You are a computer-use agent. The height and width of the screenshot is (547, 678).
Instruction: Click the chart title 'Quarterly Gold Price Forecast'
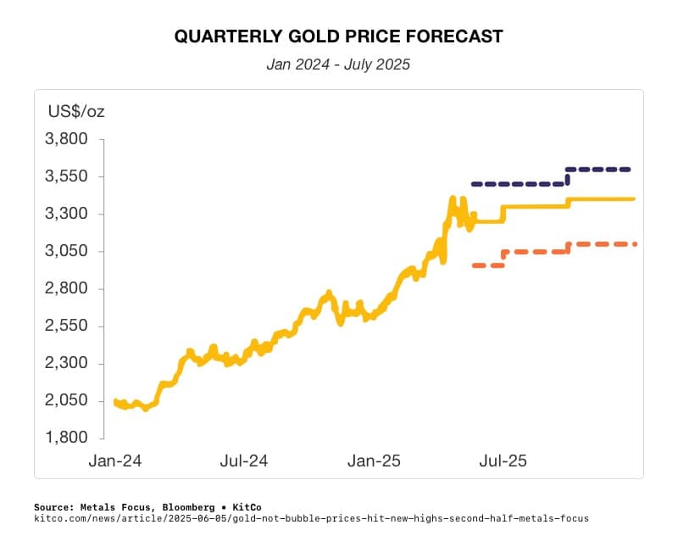(x=338, y=36)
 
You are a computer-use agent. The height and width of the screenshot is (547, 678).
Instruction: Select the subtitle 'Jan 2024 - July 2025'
(x=338, y=64)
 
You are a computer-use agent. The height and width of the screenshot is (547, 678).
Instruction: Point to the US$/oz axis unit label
(x=75, y=111)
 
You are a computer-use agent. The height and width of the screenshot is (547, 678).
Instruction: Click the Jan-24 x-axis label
(x=114, y=461)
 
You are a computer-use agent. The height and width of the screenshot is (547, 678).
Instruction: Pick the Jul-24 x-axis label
(x=244, y=461)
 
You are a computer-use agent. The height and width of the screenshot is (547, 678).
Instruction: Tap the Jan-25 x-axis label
(x=374, y=461)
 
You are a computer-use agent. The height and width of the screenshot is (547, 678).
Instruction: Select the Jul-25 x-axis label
(x=503, y=461)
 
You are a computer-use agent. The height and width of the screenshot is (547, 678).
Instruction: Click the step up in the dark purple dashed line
(x=568, y=176)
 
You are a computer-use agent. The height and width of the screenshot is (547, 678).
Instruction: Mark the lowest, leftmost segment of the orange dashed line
(x=488, y=265)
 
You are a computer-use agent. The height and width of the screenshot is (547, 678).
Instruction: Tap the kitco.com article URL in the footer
(x=311, y=517)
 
